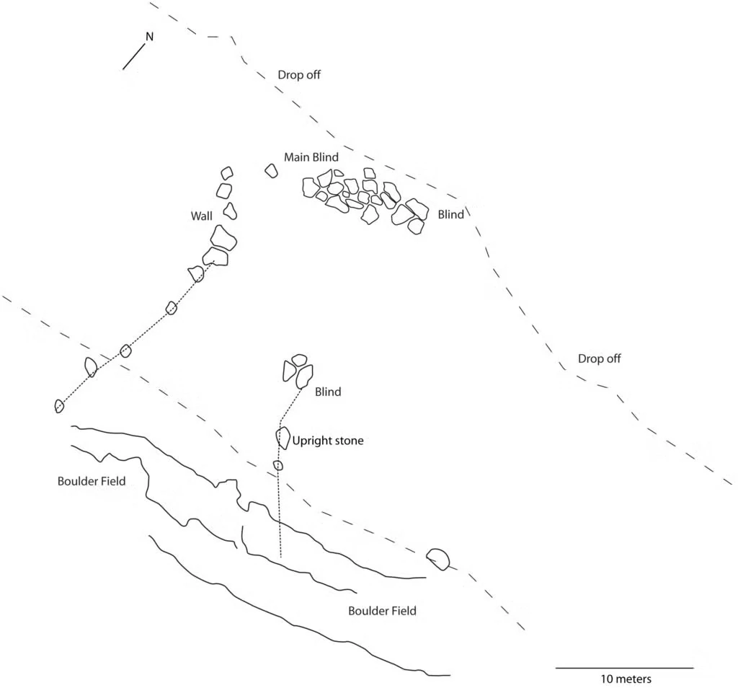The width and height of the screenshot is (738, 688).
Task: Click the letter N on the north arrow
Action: click(150, 37)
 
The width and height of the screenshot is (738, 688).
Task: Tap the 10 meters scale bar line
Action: click(625, 668)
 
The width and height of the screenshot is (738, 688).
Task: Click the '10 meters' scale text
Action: click(626, 679)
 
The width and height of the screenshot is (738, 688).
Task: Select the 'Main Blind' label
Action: click(311, 157)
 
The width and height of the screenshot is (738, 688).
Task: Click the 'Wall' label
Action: click(202, 216)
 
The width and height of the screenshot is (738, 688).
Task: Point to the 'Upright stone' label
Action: click(328, 441)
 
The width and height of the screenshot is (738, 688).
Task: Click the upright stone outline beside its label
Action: click(283, 438)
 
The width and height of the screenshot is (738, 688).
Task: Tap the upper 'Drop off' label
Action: click(299, 75)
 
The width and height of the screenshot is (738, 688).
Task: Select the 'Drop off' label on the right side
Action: click(599, 359)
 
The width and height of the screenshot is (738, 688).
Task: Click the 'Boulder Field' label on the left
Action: click(92, 481)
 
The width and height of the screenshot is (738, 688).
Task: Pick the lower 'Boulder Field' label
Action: click(382, 612)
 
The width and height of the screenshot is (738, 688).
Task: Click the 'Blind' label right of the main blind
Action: click(451, 215)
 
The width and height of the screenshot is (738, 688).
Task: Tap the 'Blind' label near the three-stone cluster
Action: click(328, 392)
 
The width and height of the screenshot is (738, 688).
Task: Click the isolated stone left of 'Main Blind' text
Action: click(271, 170)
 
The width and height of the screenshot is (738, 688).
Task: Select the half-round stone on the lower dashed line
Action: click(438, 559)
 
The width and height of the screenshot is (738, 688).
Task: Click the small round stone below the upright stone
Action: click(278, 466)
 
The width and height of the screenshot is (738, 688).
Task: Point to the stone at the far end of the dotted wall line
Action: click(59, 406)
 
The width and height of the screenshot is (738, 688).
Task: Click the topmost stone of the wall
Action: click(227, 173)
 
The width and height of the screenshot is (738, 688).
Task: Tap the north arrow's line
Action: click(133, 57)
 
